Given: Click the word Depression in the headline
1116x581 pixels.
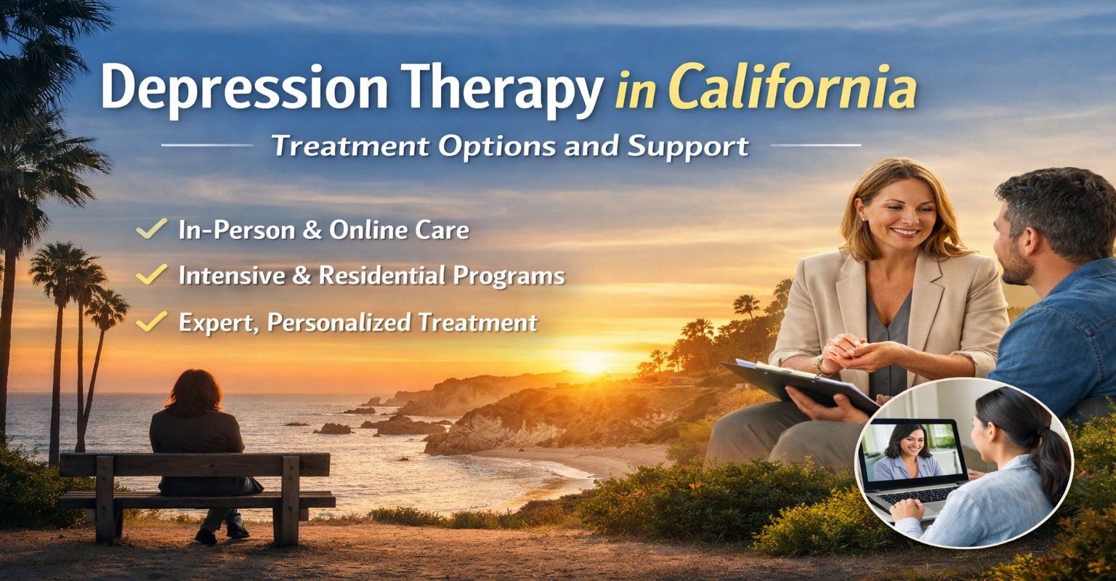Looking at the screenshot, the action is coord(245,89).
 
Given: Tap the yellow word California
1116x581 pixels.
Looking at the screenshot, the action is coord(792,86).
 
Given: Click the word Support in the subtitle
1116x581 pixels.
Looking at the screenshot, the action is coord(687,147).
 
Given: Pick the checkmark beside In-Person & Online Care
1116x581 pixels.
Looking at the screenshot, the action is coord(151,228).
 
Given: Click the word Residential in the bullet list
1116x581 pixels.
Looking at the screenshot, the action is coord(381,275).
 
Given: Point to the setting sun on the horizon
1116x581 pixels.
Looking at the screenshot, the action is coord(591,364).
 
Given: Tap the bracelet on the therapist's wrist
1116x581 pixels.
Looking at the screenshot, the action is coord(819,367).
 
